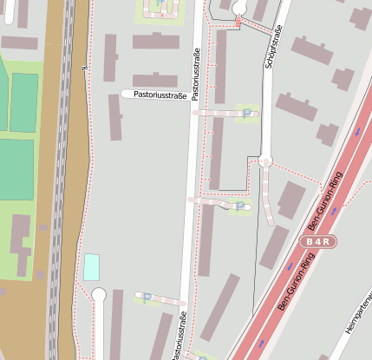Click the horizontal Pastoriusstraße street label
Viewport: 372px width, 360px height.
coord(154,95)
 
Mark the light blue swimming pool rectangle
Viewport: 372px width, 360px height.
coord(91,266)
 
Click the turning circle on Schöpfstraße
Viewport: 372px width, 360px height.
coord(265,160)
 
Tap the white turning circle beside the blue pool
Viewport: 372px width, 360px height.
coord(98,295)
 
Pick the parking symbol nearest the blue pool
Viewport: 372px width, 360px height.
coord(147,298)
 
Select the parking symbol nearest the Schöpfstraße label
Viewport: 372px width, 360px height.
coord(250,113)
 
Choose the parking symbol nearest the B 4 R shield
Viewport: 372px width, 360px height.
coord(239,206)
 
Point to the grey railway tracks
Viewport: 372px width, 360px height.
coord(59,173)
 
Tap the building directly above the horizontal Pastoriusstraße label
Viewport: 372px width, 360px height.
coord(155,80)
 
